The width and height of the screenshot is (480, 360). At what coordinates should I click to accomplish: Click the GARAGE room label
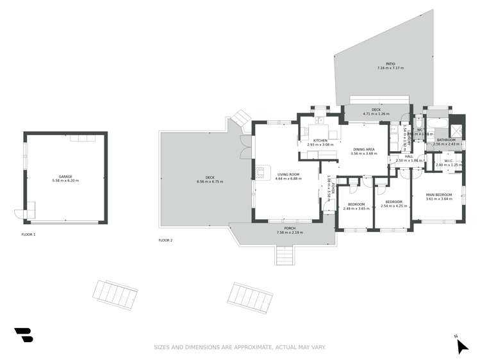point(65,176)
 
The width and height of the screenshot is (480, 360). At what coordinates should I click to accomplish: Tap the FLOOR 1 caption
point(29,235)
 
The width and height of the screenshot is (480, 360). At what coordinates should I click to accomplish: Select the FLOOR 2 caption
point(165,240)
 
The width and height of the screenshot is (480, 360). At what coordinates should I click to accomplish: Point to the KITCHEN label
point(320,140)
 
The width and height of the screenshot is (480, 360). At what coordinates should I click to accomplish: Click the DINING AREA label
point(364,149)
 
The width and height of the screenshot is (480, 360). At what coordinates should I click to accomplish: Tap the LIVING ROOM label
point(288,174)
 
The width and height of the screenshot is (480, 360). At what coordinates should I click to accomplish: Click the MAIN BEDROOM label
point(439,195)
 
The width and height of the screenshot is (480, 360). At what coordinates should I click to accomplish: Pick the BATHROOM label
point(446,140)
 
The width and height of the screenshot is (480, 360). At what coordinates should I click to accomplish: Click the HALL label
point(409,156)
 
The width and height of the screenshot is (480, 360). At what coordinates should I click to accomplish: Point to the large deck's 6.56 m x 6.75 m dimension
point(210,182)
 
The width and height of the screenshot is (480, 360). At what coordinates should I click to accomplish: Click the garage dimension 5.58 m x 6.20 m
point(65,181)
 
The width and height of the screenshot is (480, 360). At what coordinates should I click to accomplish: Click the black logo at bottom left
point(24,334)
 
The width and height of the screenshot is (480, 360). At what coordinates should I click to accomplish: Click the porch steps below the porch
point(283,256)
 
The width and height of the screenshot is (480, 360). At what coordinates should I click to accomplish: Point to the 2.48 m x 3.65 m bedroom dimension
point(355,208)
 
